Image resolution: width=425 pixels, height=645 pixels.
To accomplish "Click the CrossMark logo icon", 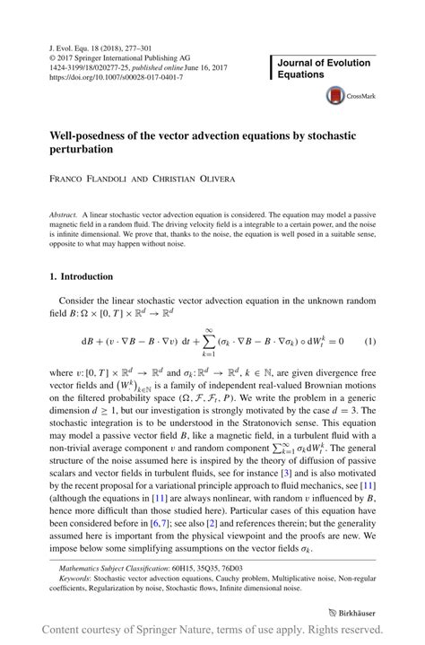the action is [337, 94].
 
